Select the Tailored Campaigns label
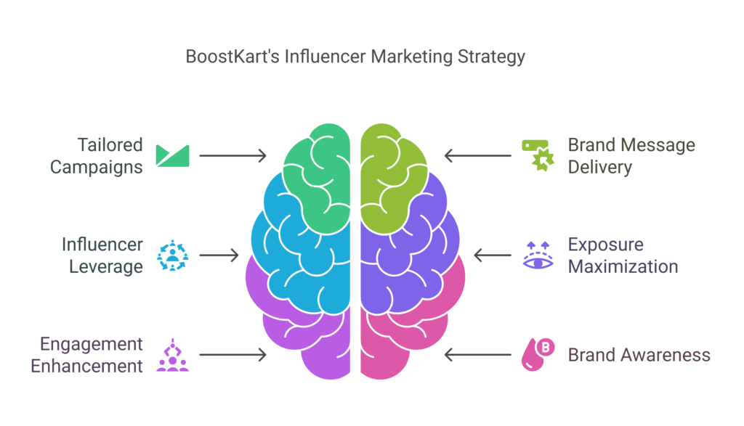pos(97,155)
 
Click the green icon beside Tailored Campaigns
pos(173,155)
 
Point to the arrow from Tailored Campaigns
pos(232,155)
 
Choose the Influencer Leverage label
pos(102,255)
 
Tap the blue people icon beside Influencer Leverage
pos(173,255)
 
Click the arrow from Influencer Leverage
pos(219,255)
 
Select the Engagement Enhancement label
pos(86,355)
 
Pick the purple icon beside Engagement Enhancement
pos(173,355)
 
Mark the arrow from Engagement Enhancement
pos(232,355)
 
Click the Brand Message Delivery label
pos(631,155)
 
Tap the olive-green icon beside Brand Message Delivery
pos(538,155)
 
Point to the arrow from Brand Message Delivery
pos(478,155)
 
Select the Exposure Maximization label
pos(623,255)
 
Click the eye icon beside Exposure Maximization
pos(538,256)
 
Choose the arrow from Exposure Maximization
pos(492,255)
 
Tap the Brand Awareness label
pos(639,355)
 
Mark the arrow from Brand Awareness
pos(478,355)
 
